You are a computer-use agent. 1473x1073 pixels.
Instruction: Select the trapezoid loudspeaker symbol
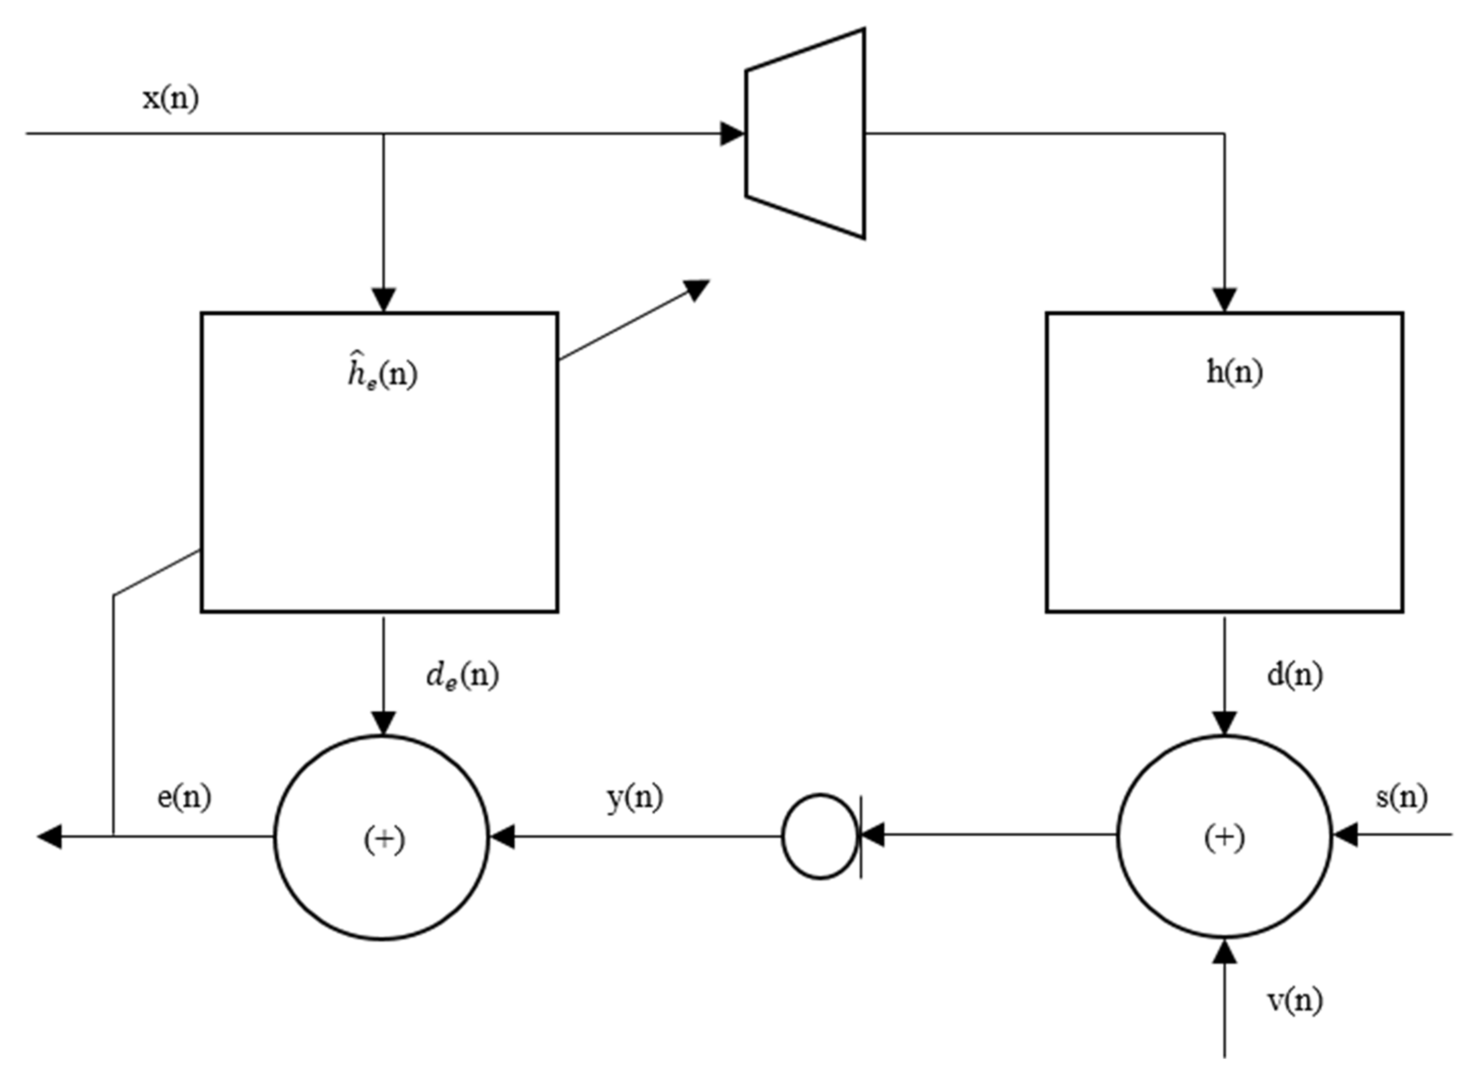(806, 134)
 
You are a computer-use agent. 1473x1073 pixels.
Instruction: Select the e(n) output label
(184, 797)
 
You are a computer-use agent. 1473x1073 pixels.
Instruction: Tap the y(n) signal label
(634, 797)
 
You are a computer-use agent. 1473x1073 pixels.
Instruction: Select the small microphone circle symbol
(820, 837)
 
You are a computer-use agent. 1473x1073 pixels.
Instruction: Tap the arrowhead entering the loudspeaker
(732, 134)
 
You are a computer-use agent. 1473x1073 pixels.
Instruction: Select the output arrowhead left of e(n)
(49, 837)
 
